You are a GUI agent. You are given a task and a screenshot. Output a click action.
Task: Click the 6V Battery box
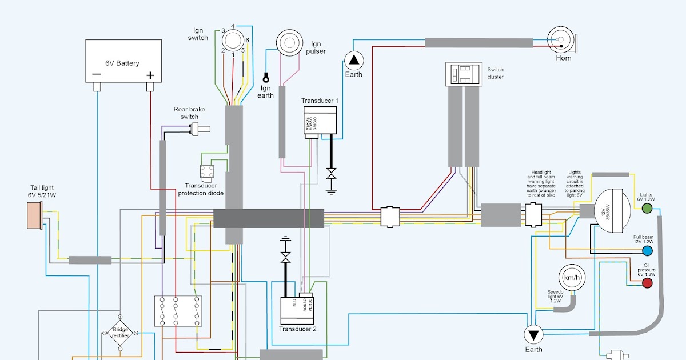coord(123,61)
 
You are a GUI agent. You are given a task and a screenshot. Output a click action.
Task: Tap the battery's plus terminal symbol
coord(150,75)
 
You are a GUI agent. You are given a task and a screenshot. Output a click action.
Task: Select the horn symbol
coord(562,41)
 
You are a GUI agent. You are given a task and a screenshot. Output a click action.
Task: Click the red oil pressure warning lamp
coord(647,283)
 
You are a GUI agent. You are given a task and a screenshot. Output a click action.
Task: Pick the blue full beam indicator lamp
coord(647,251)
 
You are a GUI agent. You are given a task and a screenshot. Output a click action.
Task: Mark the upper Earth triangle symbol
coord(354,60)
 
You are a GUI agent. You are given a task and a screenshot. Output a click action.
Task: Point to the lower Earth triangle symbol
coord(534,334)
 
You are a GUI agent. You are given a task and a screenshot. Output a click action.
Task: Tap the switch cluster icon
coord(464,74)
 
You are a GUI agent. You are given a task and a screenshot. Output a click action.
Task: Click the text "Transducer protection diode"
coord(204,189)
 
